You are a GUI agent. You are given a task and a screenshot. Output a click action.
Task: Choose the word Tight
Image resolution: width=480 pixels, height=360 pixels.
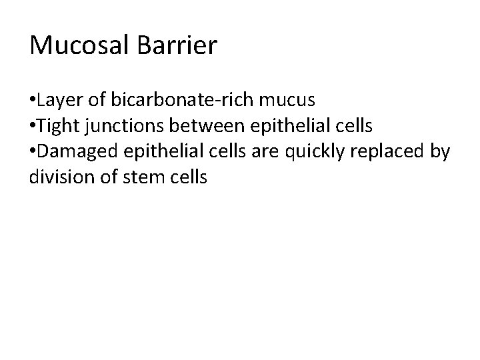57,126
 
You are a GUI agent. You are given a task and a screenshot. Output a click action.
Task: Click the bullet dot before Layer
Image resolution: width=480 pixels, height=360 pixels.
33,101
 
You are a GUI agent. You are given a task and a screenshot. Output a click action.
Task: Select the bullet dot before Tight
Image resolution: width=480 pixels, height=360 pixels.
33,127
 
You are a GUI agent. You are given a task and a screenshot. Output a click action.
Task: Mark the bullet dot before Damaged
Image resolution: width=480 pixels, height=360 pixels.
33,152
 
